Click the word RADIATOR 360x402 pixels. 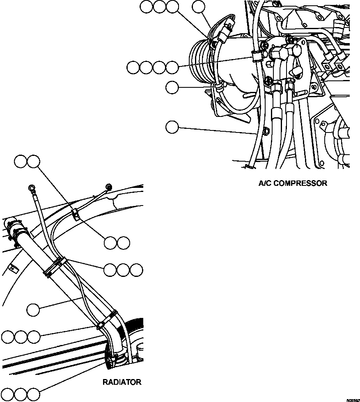(x=122, y=382)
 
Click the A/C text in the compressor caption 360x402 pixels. (x=265, y=183)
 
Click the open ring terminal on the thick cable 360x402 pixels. (x=32, y=188)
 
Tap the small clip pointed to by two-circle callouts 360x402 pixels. (x=76, y=214)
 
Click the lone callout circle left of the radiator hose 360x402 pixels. (x=34, y=310)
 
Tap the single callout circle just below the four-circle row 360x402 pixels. (x=172, y=87)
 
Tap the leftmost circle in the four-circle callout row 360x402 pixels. (x=133, y=68)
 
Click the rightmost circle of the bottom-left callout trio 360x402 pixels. (x=34, y=394)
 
